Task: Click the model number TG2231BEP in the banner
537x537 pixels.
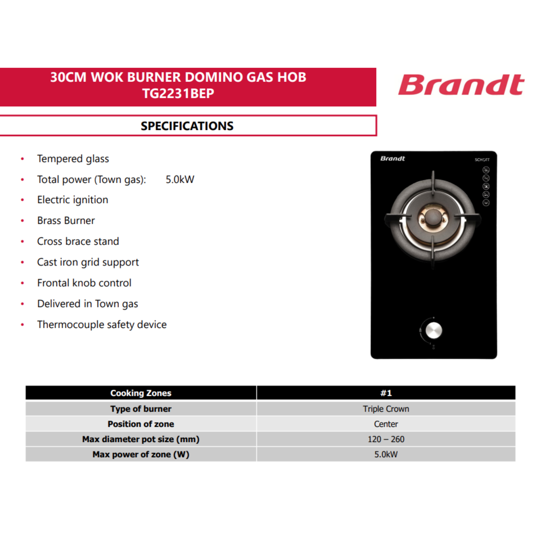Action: (x=178, y=93)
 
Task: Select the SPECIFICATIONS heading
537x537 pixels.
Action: (x=187, y=126)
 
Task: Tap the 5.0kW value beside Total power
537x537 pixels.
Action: (x=180, y=180)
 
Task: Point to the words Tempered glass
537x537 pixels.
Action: (x=73, y=159)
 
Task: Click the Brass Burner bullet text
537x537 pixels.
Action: (x=66, y=221)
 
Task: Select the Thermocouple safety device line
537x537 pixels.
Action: (x=102, y=325)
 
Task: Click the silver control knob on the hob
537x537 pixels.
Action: (x=434, y=331)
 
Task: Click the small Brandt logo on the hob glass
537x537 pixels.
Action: (x=393, y=159)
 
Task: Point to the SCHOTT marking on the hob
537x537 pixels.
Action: (x=482, y=160)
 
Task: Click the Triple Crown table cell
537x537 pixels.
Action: (x=386, y=409)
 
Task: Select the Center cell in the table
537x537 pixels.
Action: (x=386, y=424)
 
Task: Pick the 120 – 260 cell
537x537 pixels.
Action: (x=386, y=440)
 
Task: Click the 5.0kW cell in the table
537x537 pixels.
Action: (x=386, y=455)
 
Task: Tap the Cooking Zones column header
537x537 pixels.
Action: (x=141, y=393)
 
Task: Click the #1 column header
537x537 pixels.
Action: (x=386, y=393)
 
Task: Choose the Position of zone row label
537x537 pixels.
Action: (x=141, y=424)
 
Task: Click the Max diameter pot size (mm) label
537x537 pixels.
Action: (x=141, y=440)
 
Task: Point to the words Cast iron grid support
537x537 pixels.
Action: (x=88, y=262)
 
